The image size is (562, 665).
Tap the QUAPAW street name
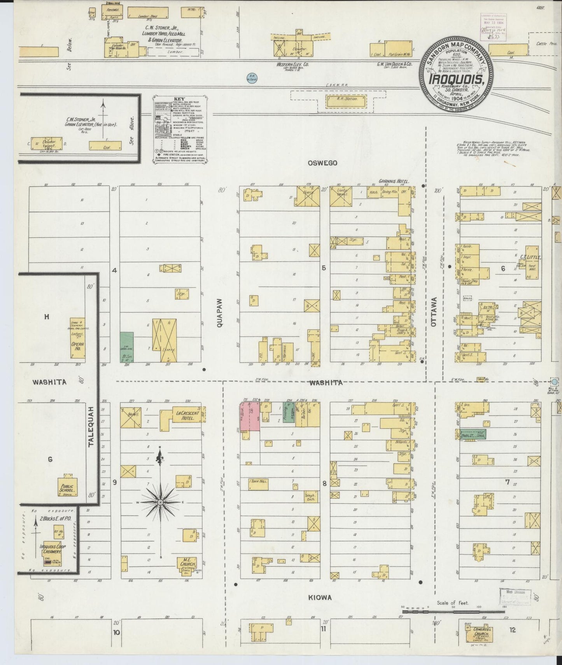(220, 313)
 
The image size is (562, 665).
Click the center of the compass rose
(159, 503)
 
